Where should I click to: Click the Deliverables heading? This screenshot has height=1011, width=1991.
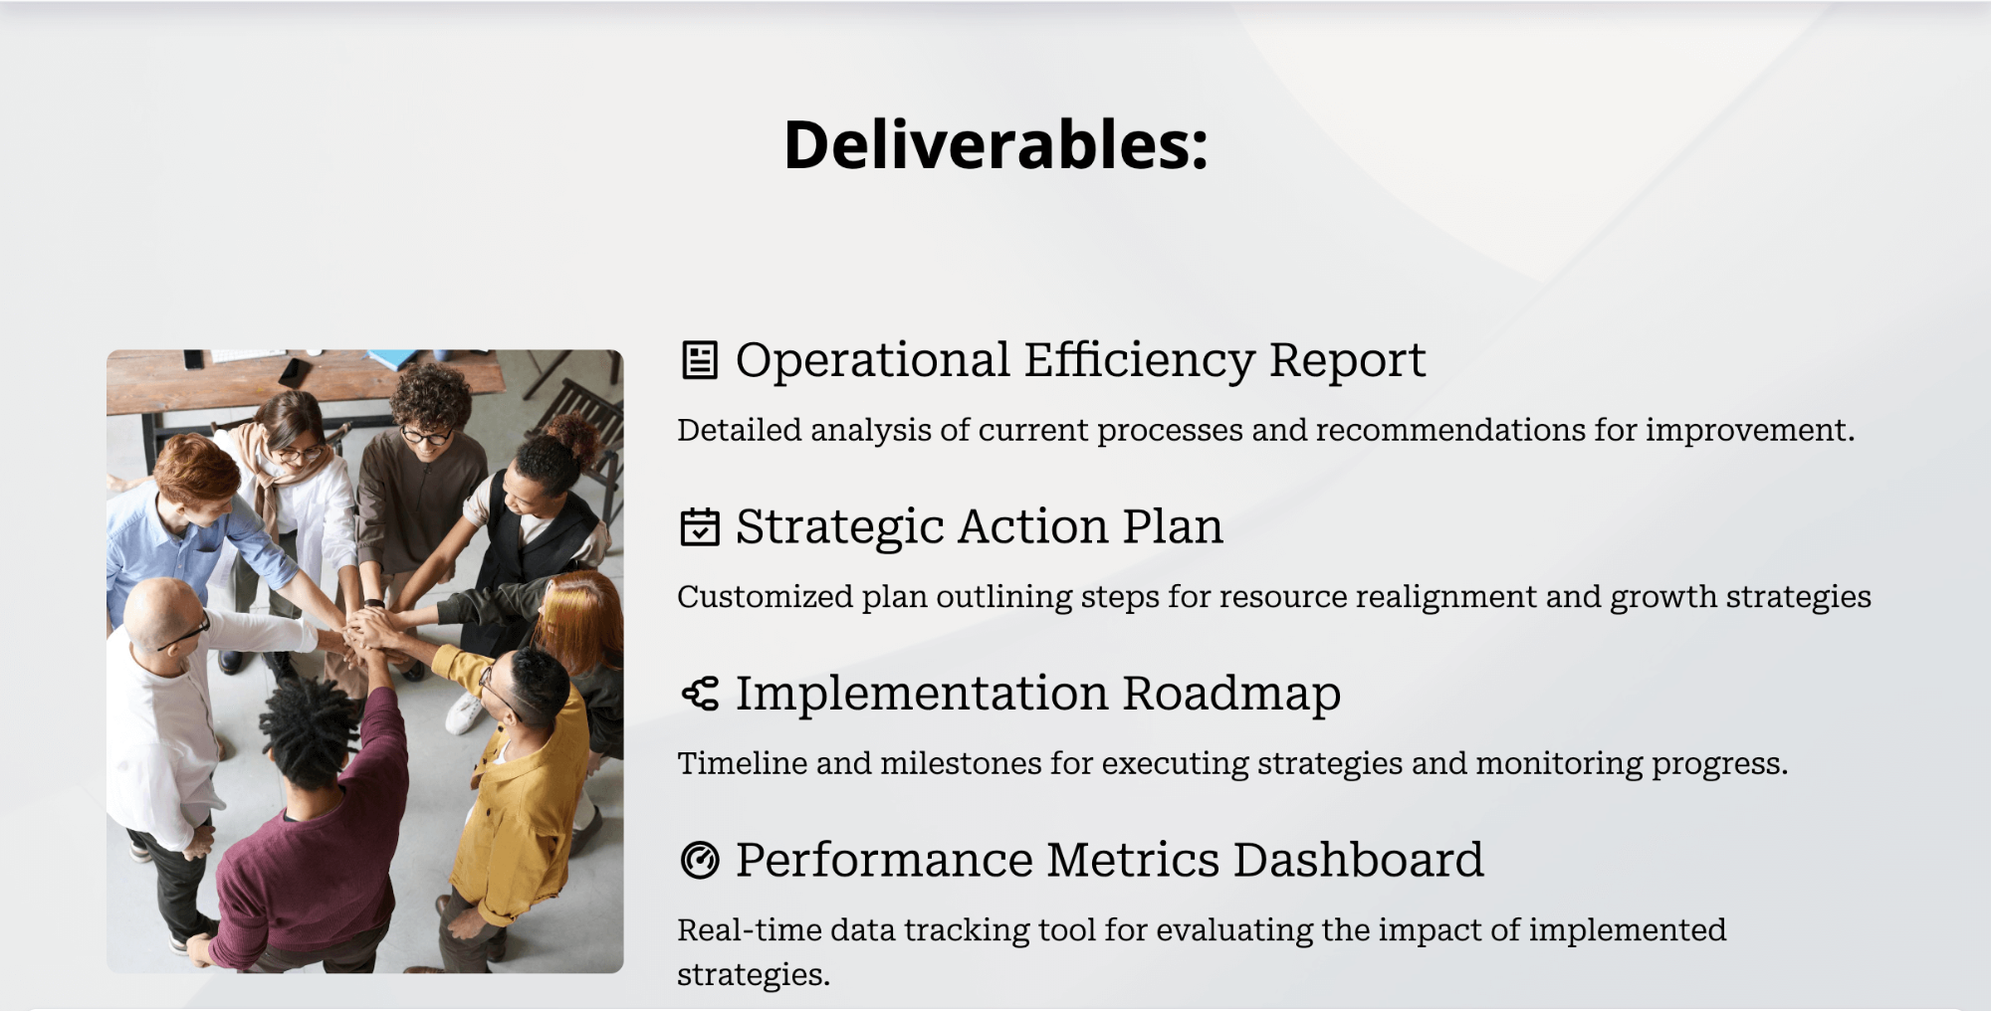(x=995, y=145)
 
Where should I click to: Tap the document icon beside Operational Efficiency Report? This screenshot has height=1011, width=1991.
(x=699, y=360)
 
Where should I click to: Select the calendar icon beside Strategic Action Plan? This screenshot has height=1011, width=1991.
(x=699, y=527)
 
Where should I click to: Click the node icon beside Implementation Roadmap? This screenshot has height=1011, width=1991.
(x=699, y=694)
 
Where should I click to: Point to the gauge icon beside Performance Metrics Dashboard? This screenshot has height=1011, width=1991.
(x=699, y=860)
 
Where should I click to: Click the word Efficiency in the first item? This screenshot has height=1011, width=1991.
(x=1139, y=360)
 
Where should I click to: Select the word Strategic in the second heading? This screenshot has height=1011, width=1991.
(x=838, y=527)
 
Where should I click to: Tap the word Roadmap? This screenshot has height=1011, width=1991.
(x=1231, y=694)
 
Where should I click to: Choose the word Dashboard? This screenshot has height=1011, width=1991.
(x=1358, y=860)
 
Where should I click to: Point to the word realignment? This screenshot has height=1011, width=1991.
(x=1446, y=597)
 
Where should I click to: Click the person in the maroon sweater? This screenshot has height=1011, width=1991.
(x=309, y=856)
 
